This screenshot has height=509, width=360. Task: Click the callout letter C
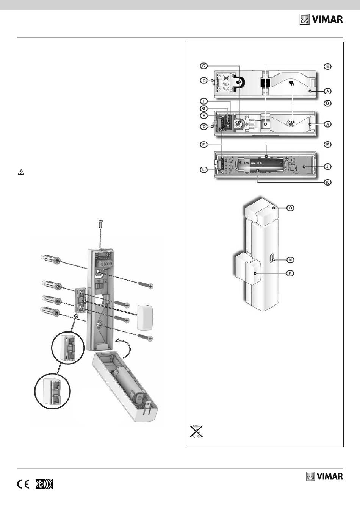tap(204, 66)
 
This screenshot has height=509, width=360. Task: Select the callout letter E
tap(327, 66)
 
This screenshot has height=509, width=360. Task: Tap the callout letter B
tap(327, 103)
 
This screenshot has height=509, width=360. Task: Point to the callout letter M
tap(327, 144)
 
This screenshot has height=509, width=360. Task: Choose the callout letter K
tap(327, 182)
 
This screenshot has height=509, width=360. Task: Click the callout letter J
tap(327, 167)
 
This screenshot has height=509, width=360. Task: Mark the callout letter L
tap(204, 170)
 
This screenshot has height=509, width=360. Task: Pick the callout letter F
tap(204, 144)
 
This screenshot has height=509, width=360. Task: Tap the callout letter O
tap(290, 208)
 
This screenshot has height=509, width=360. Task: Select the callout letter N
tap(290, 260)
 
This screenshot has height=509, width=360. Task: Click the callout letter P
tap(290, 273)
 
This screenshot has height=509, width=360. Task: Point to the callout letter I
tap(204, 101)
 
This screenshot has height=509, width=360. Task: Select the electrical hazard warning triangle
tap(21, 172)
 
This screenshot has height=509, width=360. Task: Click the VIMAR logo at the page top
tap(321, 20)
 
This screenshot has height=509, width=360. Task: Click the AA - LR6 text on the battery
tap(257, 163)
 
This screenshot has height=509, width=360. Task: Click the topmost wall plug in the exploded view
tap(50, 259)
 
